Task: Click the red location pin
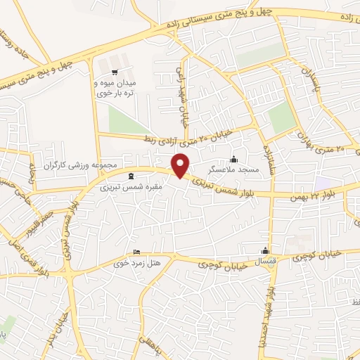pos(181,165)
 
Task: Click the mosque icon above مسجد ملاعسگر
pos(234,159)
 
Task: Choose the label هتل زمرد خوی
pos(139,264)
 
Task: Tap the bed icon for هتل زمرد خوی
pos(137,252)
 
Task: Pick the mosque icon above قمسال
pos(266,251)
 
